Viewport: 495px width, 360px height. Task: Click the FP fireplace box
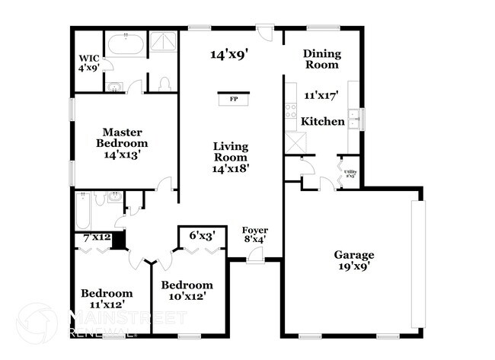pos(232,98)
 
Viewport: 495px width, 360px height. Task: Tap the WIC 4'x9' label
pos(88,62)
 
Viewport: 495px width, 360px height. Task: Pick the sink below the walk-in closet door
pos(113,87)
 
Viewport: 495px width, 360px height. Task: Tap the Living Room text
pos(232,157)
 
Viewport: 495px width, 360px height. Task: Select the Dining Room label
pos(321,59)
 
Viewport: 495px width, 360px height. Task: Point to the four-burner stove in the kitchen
pos(291,115)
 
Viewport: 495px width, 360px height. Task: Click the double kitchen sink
pos(353,119)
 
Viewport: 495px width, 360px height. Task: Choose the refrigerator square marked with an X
pos(293,142)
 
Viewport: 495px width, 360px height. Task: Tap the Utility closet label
pos(350,174)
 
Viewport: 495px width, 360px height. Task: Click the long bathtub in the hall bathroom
pos(84,210)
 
